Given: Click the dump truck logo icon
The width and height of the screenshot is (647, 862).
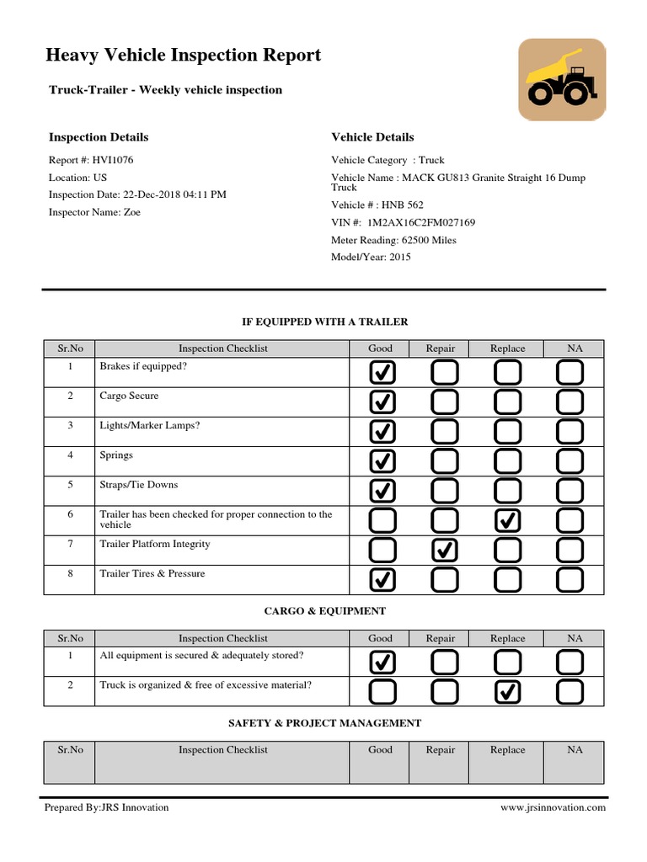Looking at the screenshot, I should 561,79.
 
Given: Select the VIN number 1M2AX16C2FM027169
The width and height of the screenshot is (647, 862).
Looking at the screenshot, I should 404,222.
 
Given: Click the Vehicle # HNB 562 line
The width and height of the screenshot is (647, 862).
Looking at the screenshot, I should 377,205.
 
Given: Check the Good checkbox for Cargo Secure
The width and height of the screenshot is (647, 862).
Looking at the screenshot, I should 382,402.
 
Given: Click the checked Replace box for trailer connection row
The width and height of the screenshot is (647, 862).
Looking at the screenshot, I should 507,521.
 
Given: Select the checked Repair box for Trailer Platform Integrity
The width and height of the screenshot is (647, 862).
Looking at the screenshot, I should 444,550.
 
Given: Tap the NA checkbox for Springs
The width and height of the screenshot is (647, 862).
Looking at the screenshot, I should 570,461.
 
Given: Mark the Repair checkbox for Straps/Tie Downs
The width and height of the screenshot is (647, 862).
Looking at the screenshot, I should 444,491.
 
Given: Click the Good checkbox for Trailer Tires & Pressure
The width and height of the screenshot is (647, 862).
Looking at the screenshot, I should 382,579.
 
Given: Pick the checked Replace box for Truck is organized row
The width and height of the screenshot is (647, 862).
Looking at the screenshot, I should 507,692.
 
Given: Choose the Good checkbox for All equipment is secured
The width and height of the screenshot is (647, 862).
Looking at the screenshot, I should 382,662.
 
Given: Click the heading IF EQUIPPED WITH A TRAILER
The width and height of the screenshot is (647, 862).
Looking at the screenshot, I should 324,322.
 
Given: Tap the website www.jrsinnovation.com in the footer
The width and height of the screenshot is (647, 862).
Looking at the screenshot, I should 553,807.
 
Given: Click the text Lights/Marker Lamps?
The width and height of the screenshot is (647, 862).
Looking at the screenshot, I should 150,426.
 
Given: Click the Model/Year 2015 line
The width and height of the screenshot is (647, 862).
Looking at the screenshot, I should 372,257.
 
